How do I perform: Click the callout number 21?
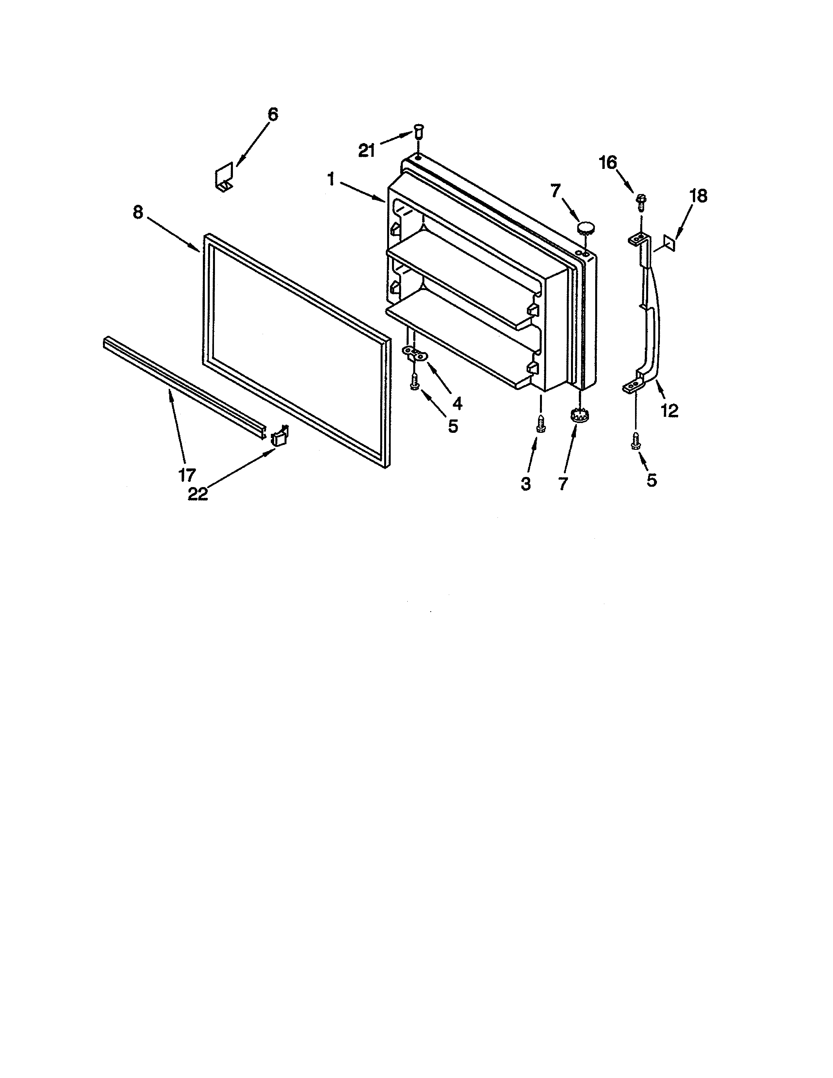tap(367, 150)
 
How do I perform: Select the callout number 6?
tap(272, 115)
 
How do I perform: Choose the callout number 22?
tap(198, 494)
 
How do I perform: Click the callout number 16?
tap(608, 162)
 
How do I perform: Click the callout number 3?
tap(526, 484)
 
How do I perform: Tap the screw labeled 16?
tap(641, 201)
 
